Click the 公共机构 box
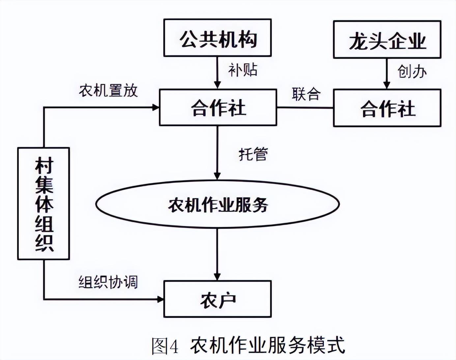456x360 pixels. tap(217, 38)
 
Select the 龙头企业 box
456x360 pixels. tap(387, 40)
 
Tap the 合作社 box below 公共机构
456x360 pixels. tap(217, 107)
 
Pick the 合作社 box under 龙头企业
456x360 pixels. tap(387, 108)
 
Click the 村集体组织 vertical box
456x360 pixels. tap(43, 203)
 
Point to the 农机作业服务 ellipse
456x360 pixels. tap(217, 204)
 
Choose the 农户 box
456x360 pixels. tap(217, 299)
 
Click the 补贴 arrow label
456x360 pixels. tap(243, 70)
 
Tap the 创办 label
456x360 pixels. tap(412, 72)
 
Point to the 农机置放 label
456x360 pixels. tap(108, 90)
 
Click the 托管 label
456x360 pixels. tap(253, 154)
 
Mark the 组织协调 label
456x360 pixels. tap(108, 282)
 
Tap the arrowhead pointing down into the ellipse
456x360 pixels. tap(217, 175)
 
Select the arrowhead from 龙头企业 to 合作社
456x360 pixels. tap(387, 85)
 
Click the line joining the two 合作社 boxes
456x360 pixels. tap(305, 107)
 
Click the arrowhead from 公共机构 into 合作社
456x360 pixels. tap(217, 84)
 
